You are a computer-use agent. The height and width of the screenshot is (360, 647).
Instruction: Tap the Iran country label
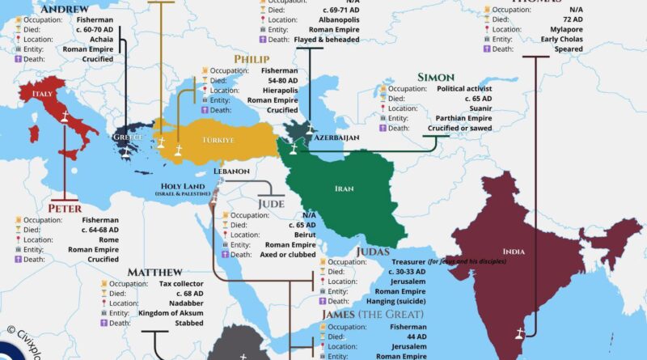tap(343, 188)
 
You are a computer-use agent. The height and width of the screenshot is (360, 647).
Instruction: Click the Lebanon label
tap(231, 172)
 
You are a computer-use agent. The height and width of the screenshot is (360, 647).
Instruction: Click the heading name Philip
tap(252, 59)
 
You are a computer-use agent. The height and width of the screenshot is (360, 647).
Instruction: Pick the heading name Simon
tap(435, 77)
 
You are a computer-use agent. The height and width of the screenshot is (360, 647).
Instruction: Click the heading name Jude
tap(271, 203)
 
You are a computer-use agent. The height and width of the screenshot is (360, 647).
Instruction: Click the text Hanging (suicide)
tap(406, 301)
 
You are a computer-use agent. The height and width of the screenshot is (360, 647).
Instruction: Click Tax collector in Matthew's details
tap(184, 285)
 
